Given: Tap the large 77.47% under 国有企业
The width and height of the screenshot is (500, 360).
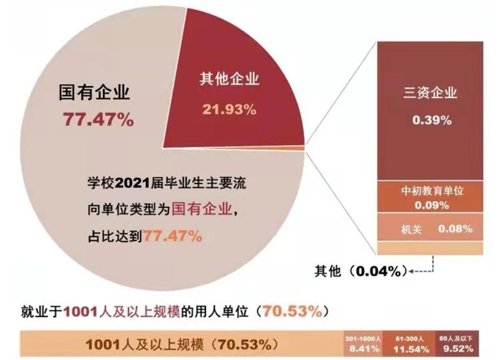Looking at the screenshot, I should pos(98,120).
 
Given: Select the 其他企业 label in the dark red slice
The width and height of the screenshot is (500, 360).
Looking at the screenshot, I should pos(229,80).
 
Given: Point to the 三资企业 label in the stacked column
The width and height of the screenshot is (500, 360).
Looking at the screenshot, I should pos(430,94).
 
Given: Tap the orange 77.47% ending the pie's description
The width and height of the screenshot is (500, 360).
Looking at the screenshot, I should pos(172,236).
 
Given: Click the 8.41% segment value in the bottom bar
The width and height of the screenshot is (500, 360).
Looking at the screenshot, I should pos(362,348).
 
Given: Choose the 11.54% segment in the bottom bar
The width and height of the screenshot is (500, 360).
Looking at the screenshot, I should pos(410,348).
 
